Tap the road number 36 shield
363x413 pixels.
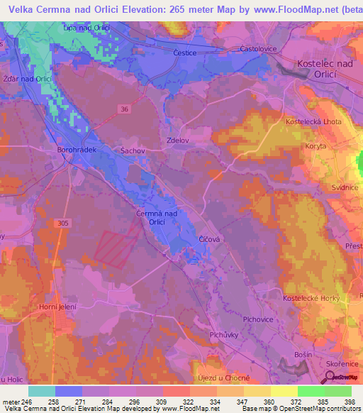tap(105, 109)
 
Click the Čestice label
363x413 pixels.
tap(185, 53)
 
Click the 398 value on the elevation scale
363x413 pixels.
tap(348, 402)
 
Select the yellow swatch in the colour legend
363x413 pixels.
tap(283, 391)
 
